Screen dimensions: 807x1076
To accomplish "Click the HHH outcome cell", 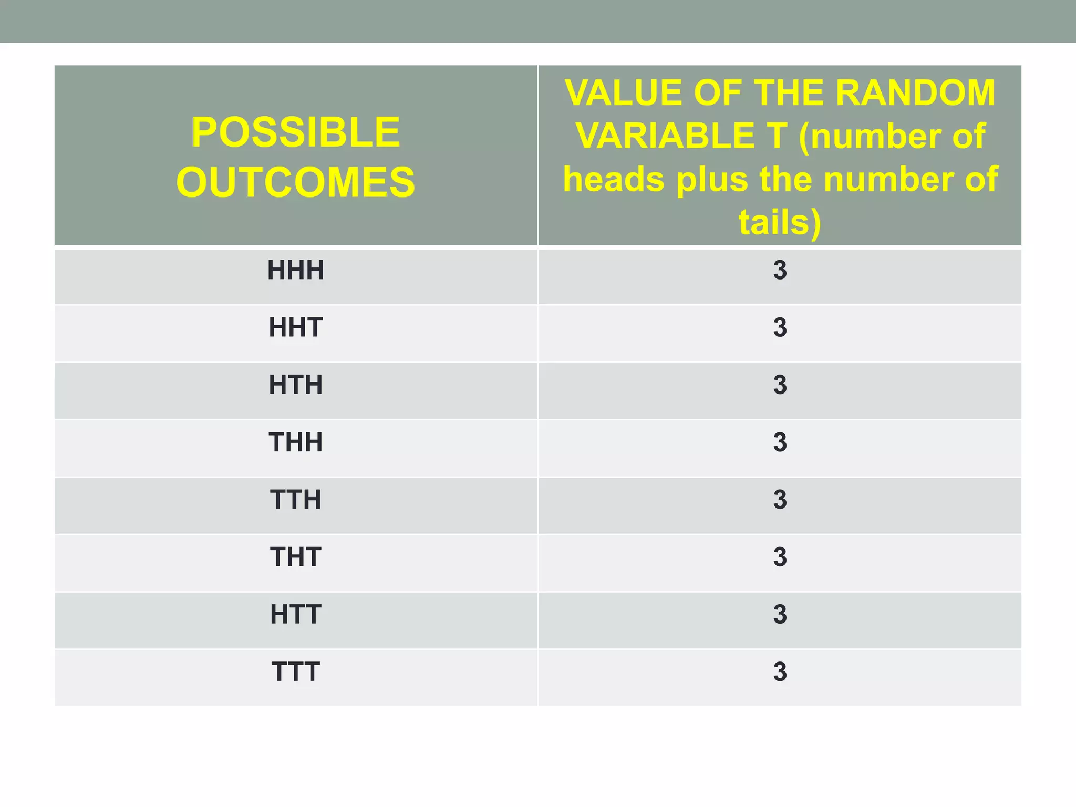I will (x=295, y=271).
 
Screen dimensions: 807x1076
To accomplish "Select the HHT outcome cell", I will (x=295, y=328).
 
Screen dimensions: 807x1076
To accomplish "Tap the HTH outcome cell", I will (x=295, y=385).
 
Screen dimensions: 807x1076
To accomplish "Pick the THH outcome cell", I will (x=295, y=442).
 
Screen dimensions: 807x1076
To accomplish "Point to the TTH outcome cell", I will (x=295, y=500).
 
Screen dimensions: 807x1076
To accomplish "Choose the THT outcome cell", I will (x=295, y=557).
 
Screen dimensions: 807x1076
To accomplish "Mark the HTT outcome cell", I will (x=295, y=614).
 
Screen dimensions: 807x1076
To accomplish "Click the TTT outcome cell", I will (x=295, y=671).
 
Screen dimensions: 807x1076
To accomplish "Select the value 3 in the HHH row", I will (x=780, y=271).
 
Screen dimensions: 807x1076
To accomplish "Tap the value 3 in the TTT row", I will (x=780, y=671).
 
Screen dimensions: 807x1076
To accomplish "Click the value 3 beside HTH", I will (x=780, y=385).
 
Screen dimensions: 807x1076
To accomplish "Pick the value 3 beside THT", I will (x=780, y=557).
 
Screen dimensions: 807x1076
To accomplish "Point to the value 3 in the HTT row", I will (x=780, y=614).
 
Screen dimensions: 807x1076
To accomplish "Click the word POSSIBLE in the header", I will (x=295, y=132).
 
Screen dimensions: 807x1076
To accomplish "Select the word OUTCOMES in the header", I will (x=295, y=182).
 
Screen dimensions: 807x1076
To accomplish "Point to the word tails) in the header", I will (x=780, y=222).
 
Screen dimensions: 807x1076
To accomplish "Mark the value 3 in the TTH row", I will (x=780, y=500).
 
